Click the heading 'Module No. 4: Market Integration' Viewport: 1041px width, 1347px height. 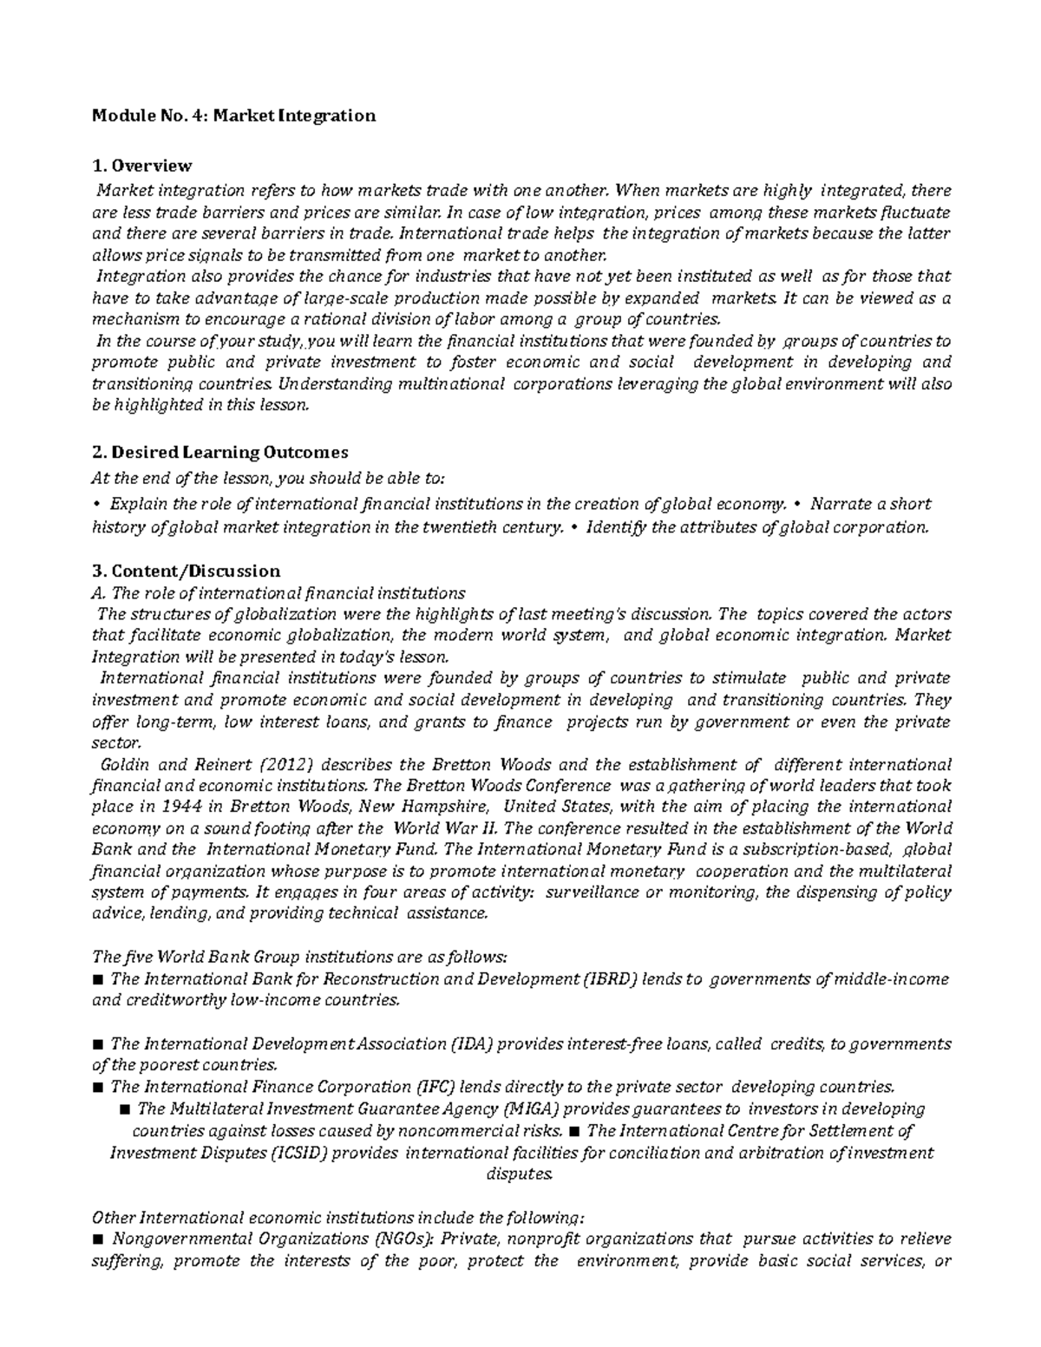click(234, 115)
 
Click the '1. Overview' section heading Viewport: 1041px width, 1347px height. click(142, 165)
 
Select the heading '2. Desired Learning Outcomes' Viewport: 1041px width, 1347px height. click(220, 452)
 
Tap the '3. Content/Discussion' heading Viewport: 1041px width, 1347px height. click(187, 571)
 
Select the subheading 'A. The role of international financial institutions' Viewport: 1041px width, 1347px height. click(278, 593)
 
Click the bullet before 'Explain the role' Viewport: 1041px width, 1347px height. click(96, 505)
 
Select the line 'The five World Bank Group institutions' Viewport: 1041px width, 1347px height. click(299, 957)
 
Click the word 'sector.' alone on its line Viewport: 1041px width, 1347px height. click(115, 743)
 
